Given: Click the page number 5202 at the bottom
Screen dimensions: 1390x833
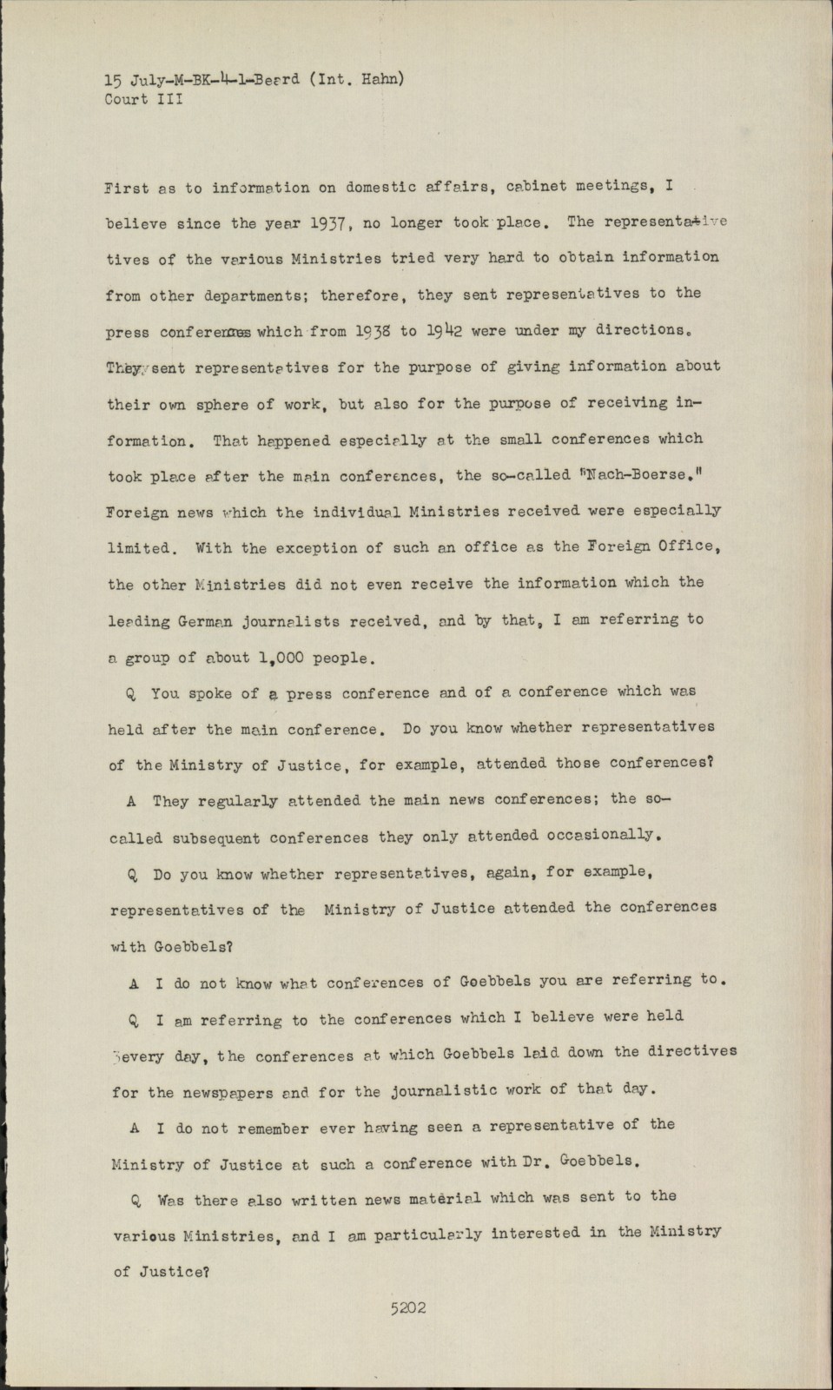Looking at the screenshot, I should (408, 1308).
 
